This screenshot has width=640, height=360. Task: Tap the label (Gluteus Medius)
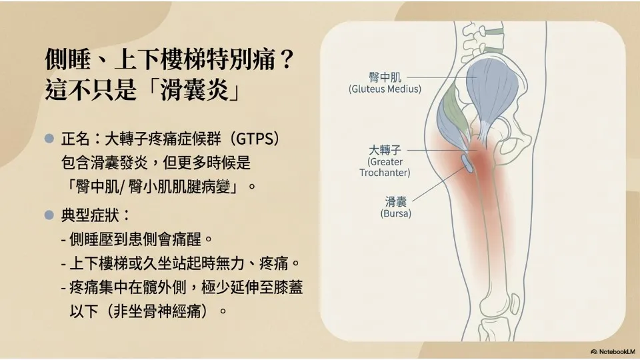385,89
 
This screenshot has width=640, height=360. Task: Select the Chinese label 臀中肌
385,77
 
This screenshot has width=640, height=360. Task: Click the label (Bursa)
395,213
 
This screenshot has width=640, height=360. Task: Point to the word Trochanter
385,173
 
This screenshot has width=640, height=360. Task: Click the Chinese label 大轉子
385,150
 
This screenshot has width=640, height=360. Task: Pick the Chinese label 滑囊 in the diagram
395,201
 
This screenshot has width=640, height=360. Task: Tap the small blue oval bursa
467,163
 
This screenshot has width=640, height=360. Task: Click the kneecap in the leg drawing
515,305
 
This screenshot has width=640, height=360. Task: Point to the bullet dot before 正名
49,139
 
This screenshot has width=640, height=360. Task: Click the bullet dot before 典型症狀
49,215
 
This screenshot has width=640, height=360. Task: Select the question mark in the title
287,59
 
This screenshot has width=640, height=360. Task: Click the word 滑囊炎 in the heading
194,90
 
